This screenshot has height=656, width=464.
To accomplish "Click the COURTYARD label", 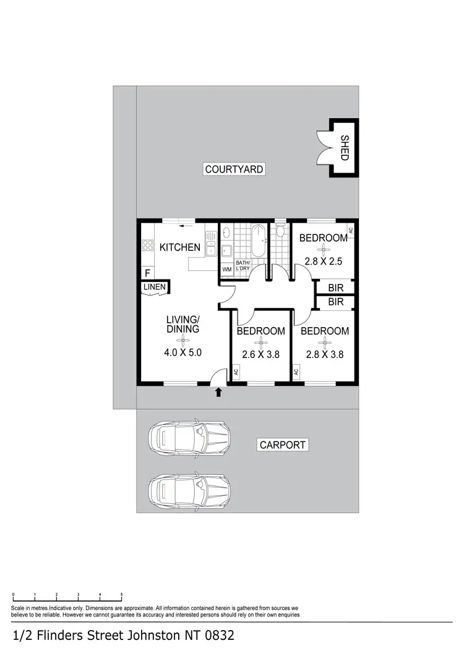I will (234, 169).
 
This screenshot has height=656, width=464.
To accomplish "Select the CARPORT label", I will (282, 445).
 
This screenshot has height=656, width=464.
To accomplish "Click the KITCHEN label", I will (180, 247).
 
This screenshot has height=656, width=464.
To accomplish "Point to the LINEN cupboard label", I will (154, 288).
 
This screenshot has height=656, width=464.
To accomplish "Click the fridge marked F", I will (147, 272).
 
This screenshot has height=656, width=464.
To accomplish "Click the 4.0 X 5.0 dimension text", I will (183, 354).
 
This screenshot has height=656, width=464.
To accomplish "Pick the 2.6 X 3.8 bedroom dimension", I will (261, 355).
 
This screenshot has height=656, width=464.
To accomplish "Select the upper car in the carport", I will (189, 436).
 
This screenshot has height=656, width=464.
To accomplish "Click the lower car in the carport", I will (189, 490).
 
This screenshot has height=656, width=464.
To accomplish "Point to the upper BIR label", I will (336, 287).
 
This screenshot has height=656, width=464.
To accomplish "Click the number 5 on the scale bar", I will (121, 594).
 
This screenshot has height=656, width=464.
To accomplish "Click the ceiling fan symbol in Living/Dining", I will (183, 340).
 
